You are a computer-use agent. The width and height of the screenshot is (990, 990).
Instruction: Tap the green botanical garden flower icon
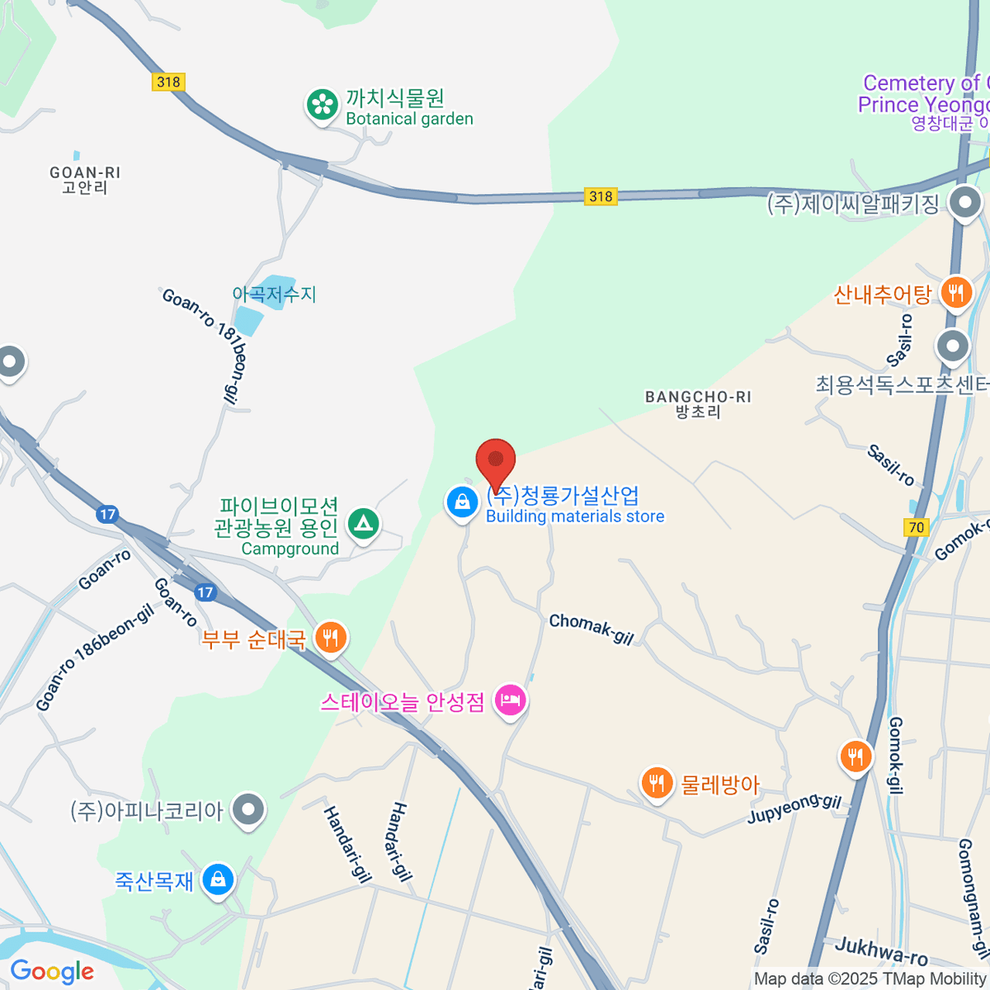tap(322, 105)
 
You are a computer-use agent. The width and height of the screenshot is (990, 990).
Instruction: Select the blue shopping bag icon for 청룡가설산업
tap(462, 502)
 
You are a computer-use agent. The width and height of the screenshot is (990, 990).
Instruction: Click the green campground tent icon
tap(363, 523)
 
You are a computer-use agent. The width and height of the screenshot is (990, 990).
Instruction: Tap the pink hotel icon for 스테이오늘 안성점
tap(511, 700)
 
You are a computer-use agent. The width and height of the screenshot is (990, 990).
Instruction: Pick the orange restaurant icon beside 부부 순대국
tap(330, 637)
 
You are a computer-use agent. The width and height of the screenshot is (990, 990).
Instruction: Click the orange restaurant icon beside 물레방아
tap(657, 782)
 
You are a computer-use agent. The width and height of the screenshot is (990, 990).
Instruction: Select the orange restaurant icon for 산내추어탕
tap(955, 292)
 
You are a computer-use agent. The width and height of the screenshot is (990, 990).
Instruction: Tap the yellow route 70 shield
tap(917, 527)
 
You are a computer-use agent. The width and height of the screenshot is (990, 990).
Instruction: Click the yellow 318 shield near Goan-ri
tap(168, 82)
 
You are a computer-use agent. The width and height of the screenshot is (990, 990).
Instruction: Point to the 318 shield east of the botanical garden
tap(601, 196)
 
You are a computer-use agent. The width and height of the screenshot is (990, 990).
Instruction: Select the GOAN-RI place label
tap(85, 180)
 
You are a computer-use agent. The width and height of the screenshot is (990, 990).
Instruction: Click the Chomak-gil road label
tap(592, 629)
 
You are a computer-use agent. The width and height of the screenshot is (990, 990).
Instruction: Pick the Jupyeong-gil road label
tap(794, 808)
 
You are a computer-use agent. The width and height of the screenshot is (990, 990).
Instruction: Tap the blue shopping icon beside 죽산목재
tap(218, 879)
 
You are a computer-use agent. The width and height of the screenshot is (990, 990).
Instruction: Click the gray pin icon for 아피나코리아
tap(247, 810)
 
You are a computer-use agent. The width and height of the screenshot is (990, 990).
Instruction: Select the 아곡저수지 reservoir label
tap(274, 294)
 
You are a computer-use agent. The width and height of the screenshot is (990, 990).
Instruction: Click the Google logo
tap(52, 971)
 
